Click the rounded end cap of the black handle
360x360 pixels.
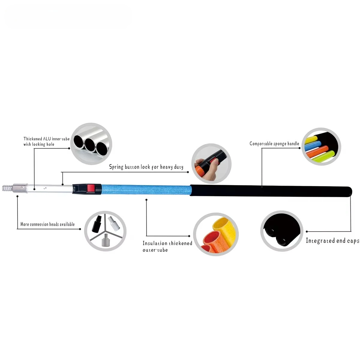(x=349, y=192)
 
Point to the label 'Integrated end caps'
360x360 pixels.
(x=332, y=241)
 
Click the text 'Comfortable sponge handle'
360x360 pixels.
(x=274, y=144)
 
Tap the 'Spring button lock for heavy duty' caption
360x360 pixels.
(x=146, y=167)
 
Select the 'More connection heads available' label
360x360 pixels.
(x=47, y=224)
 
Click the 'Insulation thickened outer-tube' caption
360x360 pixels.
(x=167, y=246)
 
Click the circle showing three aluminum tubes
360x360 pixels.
(x=91, y=143)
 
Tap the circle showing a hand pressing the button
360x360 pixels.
(x=211, y=163)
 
